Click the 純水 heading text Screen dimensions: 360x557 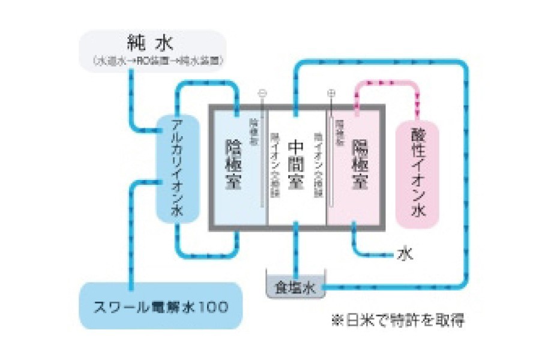click(x=150, y=43)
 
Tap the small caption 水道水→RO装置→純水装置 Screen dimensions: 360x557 click(x=155, y=61)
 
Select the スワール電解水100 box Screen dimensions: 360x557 click(x=161, y=307)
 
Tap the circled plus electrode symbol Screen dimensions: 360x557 click(x=331, y=94)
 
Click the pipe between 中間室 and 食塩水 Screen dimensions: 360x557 click(x=295, y=252)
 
